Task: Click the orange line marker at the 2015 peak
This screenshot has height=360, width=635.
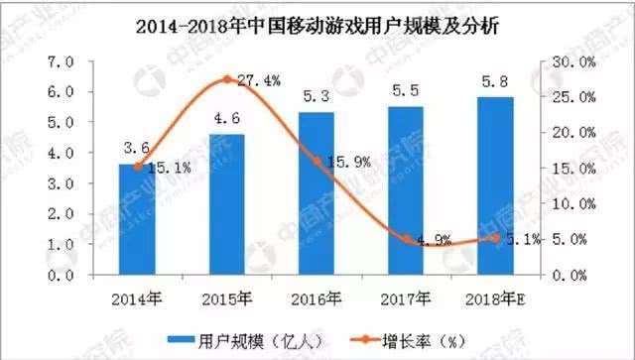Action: [226, 79]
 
